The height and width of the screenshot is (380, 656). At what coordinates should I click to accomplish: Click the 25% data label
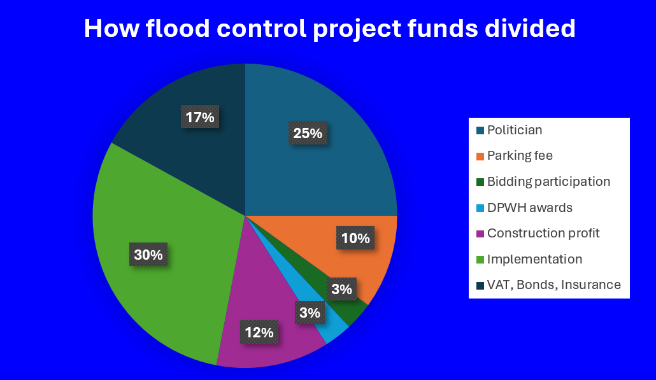[308, 133]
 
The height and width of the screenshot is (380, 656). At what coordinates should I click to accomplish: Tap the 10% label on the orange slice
[355, 238]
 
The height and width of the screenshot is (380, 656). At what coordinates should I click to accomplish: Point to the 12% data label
[259, 332]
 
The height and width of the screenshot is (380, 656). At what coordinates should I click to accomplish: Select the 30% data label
[148, 254]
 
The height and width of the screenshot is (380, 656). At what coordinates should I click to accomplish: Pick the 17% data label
[199, 116]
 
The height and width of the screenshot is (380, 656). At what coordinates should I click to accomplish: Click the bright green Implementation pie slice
[168, 251]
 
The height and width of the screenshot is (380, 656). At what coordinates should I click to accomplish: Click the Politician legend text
[515, 130]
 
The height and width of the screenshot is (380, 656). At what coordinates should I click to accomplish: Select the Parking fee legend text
[520, 155]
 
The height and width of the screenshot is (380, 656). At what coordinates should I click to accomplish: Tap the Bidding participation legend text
[548, 181]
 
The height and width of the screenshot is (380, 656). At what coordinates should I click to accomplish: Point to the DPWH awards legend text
[530, 208]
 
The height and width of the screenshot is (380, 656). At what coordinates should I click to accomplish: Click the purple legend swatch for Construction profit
[480, 234]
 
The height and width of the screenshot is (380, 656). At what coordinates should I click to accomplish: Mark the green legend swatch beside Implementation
[480, 260]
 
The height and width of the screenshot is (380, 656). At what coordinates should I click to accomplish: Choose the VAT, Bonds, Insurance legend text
[554, 285]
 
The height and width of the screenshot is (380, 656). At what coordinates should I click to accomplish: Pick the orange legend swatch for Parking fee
[480, 157]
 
